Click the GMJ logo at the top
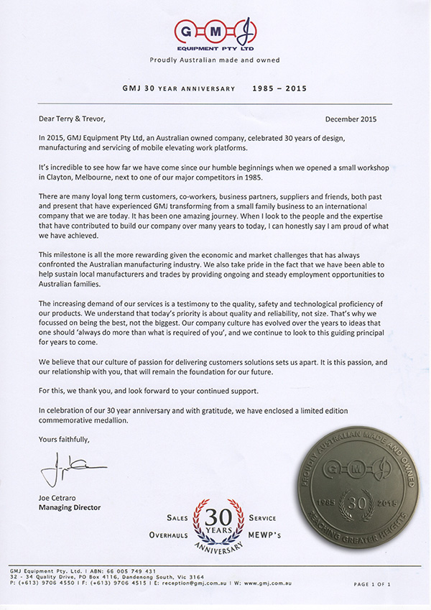tap(215, 32)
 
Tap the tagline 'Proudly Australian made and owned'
tap(215, 60)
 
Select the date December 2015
tap(360, 119)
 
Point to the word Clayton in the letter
tap(56, 177)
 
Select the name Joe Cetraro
tap(59, 498)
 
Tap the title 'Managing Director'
tap(69, 507)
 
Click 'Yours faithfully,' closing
tap(64, 439)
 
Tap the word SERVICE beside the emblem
tap(262, 517)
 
